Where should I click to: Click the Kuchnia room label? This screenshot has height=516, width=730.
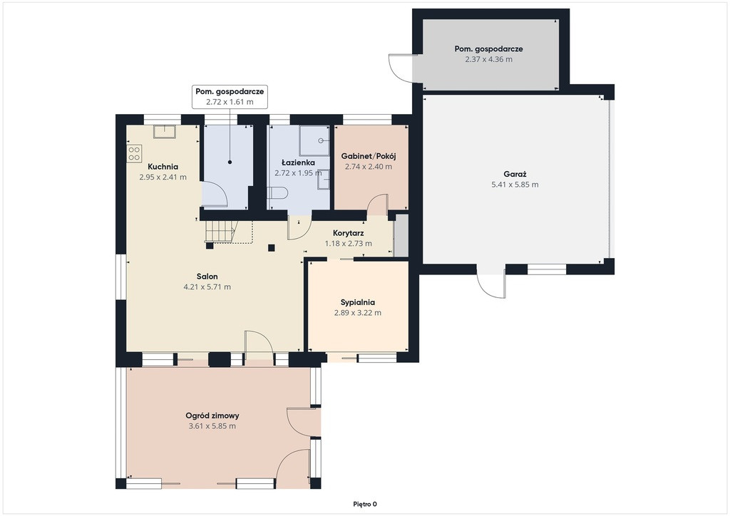(x=163, y=167)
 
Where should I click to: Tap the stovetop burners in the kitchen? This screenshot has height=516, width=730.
(x=134, y=153)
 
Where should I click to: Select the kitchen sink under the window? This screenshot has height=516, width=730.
(x=165, y=132)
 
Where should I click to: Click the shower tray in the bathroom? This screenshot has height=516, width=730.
(x=314, y=140)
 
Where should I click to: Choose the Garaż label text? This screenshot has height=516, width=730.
(x=515, y=175)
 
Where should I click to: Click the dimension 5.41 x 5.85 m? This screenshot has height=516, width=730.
(x=515, y=185)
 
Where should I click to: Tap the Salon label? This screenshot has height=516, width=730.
(x=207, y=277)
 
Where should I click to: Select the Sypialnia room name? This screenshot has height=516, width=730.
(x=358, y=302)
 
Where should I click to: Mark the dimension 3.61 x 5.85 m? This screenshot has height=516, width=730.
(x=212, y=426)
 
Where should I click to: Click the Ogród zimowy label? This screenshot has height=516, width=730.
(x=212, y=416)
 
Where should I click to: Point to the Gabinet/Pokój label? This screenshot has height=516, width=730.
(x=369, y=156)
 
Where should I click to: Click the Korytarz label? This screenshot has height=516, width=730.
(x=348, y=233)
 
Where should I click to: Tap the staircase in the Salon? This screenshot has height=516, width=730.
(x=221, y=232)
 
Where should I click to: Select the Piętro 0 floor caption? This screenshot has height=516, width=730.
(x=365, y=504)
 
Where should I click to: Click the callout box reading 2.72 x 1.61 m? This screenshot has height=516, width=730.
(x=230, y=97)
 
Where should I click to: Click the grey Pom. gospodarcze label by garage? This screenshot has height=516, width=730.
(x=489, y=49)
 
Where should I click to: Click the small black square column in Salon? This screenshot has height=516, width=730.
(x=272, y=247)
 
